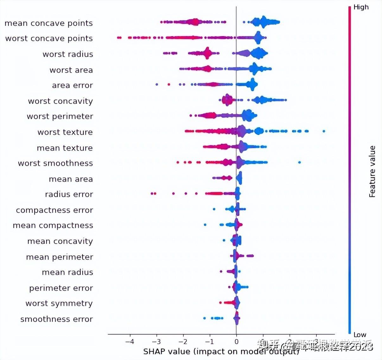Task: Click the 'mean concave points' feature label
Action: click(48, 23)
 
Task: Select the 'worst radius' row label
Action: click(68, 54)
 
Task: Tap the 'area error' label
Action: click(72, 85)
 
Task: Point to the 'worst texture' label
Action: click(65, 132)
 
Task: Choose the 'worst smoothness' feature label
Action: click(55, 163)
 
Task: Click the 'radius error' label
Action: click(69, 194)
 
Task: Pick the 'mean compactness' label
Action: click(53, 225)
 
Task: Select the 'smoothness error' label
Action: click(56, 319)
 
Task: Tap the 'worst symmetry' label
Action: click(59, 303)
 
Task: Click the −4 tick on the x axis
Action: click(130, 342)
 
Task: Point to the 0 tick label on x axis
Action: click(236, 342)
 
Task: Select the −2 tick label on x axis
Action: click(183, 342)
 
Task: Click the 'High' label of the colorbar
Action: click(361, 7)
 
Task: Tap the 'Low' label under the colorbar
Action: click(360, 335)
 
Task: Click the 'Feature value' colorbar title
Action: click(372, 171)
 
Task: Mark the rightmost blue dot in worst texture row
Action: click(324, 131)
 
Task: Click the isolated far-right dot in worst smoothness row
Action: click(299, 162)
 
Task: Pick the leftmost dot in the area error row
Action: click(157, 84)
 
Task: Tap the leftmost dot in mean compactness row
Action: click(205, 225)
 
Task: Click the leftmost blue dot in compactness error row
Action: click(214, 209)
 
